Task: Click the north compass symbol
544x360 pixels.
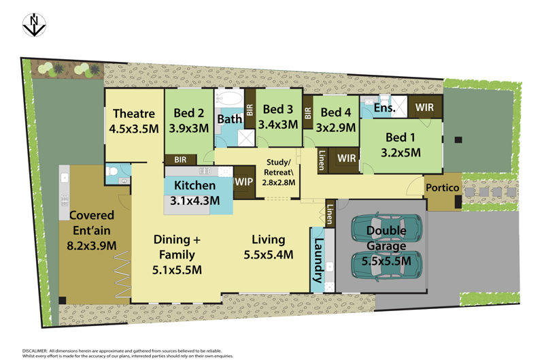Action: [34, 24]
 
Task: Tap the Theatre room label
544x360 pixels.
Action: [134, 114]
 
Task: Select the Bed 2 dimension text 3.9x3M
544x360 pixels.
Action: [189, 129]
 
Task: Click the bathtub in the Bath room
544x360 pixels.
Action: [228, 99]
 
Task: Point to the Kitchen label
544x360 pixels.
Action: [194, 185]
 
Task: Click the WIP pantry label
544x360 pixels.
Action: [243, 182]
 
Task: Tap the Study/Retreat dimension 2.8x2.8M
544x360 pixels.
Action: [279, 182]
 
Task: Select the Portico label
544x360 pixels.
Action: [443, 188]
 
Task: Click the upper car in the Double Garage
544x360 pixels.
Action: [387, 228]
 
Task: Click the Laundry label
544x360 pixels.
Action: [318, 261]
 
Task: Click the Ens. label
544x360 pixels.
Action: [384, 108]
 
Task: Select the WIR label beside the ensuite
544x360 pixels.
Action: [424, 108]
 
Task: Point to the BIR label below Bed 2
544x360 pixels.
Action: [180, 160]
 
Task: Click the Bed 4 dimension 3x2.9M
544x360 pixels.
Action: [335, 128]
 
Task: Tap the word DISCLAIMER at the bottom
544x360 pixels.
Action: [35, 351]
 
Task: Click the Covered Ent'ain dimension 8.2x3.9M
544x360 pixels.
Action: [92, 246]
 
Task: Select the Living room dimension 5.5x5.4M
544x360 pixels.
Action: [268, 255]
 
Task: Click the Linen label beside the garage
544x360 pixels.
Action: [330, 214]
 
